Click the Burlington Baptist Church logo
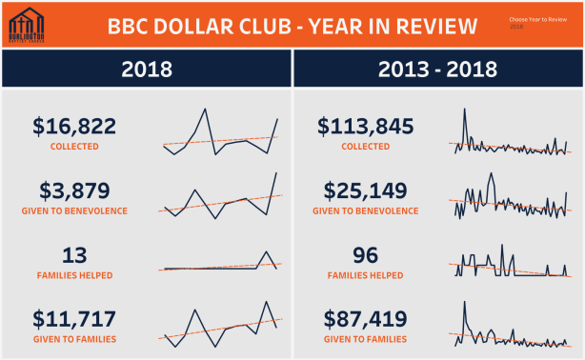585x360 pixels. pos(29,25)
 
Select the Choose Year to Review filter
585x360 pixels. pos(537,22)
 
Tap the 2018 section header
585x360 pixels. pos(146,69)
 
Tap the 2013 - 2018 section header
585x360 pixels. pos(438,69)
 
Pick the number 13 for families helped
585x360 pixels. pos(74,254)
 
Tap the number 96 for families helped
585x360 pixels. pos(365,254)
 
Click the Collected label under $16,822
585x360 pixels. pos(74,147)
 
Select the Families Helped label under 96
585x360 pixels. pos(365,275)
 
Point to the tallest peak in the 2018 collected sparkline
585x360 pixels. pos(205,110)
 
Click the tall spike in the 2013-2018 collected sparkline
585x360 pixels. pos(465,110)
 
